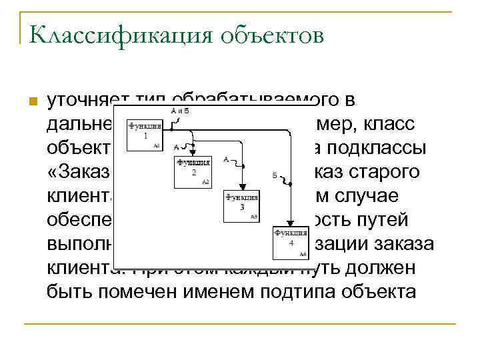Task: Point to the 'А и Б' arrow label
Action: click(x=180, y=111)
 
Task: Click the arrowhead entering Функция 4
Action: click(x=291, y=224)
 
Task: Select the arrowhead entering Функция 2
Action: click(x=193, y=153)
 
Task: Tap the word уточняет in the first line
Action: click(x=84, y=101)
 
